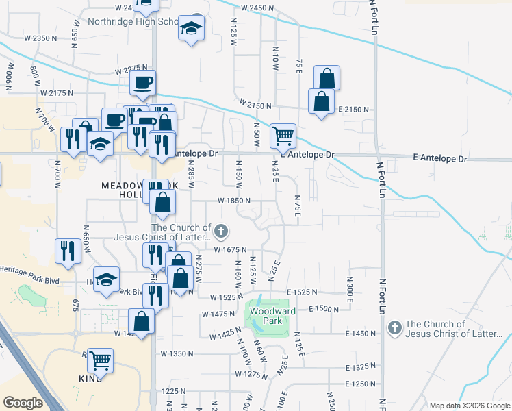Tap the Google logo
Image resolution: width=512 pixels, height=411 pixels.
(x=23, y=403)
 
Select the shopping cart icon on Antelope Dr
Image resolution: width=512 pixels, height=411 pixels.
(x=283, y=136)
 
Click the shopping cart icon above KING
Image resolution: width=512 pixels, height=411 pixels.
(x=100, y=360)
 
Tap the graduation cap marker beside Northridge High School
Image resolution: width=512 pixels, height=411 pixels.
(x=191, y=29)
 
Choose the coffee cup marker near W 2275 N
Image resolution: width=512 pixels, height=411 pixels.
(x=142, y=84)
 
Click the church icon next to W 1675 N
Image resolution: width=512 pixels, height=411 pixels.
(x=221, y=232)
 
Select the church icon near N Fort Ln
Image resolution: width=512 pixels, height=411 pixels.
(x=394, y=329)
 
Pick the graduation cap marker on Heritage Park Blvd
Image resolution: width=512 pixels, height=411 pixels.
(x=106, y=279)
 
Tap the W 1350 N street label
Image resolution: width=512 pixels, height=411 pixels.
(x=177, y=354)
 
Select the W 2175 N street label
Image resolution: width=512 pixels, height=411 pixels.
(x=57, y=92)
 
